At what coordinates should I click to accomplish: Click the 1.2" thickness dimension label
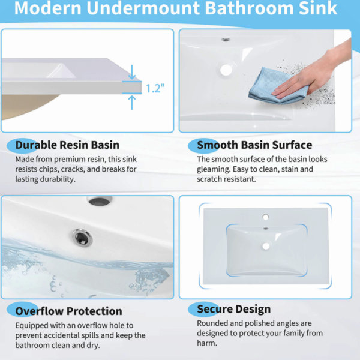click(155, 88)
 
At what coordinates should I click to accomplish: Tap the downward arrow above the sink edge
click(132, 72)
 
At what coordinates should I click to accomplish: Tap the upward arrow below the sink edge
click(132, 103)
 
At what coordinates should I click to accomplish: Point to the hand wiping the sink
click(314, 73)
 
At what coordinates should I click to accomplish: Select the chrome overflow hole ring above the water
click(82, 238)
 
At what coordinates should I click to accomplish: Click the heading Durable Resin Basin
click(67, 145)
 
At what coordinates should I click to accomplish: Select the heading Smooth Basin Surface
click(254, 145)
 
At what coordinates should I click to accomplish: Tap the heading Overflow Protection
click(68, 311)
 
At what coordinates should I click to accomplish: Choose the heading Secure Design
click(234, 309)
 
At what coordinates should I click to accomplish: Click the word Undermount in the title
click(143, 8)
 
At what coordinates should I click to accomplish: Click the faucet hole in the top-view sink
click(266, 217)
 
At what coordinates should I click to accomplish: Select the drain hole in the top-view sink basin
click(266, 247)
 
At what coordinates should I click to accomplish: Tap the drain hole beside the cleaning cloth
click(226, 70)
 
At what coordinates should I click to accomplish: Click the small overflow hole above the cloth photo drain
click(226, 40)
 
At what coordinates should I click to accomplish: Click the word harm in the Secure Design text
click(207, 343)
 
